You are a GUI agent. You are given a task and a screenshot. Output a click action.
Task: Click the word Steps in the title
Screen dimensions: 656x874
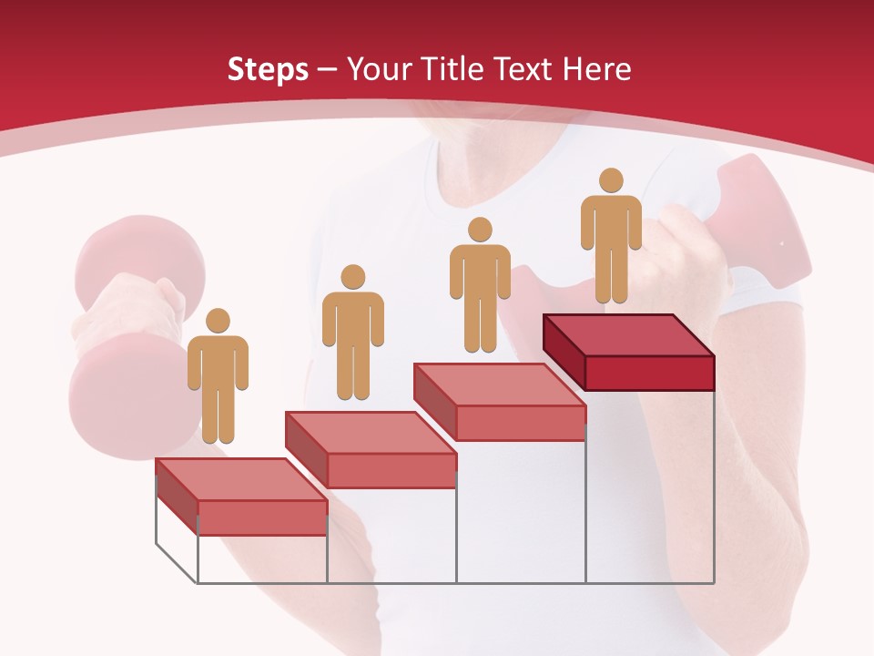(268, 69)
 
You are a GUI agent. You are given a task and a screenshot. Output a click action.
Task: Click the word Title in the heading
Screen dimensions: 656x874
(450, 69)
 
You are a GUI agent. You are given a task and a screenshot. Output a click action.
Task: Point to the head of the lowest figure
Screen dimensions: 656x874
(218, 321)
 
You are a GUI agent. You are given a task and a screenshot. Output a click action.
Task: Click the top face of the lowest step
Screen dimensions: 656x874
(241, 479)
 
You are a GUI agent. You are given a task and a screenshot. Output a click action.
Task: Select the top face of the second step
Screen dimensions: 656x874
(371, 432)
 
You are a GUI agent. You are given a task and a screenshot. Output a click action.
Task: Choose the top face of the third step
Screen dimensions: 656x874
(500, 384)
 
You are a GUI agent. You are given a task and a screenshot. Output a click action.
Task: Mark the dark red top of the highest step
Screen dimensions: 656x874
(628, 335)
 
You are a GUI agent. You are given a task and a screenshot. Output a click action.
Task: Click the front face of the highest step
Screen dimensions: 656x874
(649, 373)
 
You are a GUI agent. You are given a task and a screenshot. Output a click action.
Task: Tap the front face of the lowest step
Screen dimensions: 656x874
(262, 518)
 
